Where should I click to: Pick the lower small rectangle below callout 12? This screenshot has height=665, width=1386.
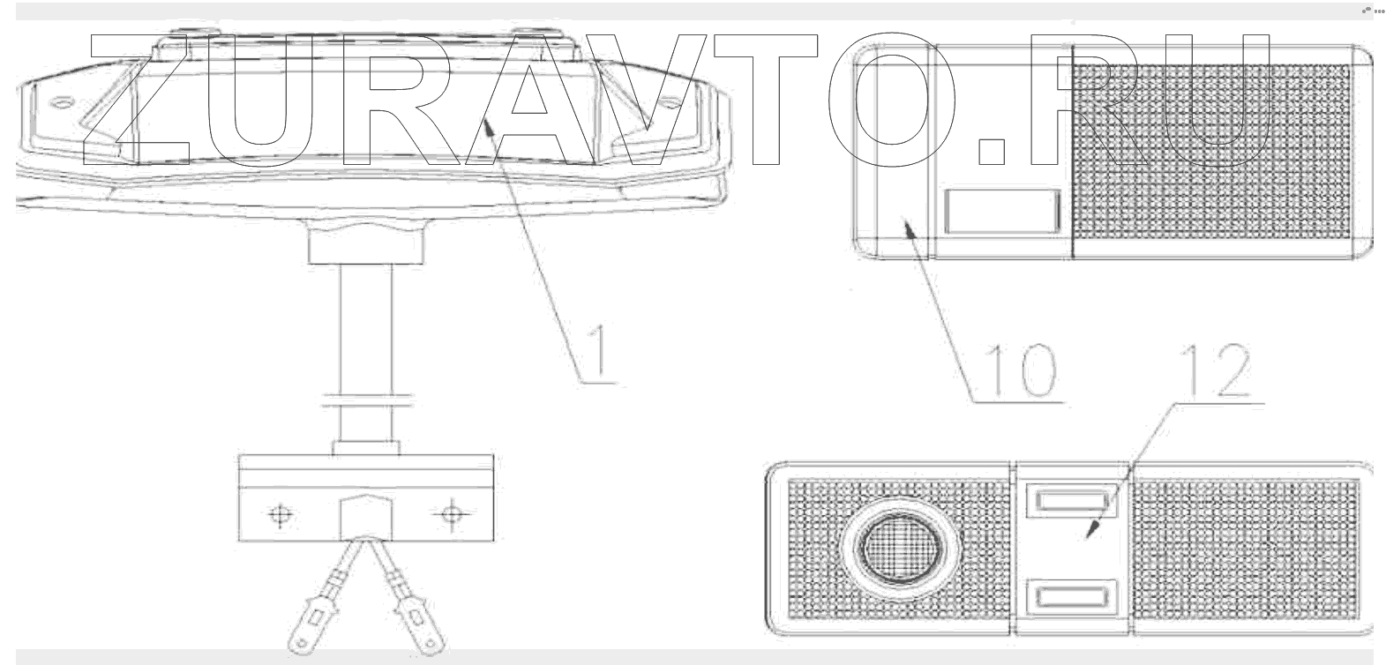[1071, 600]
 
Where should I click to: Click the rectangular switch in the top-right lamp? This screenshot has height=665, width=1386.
[1000, 212]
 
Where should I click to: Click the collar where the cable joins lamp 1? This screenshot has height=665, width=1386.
[366, 242]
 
